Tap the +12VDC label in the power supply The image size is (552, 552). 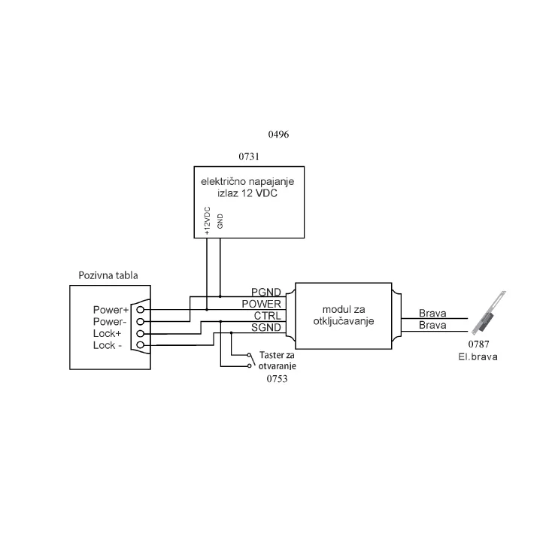pyautogui.click(x=207, y=221)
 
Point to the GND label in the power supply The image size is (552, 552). pyautogui.click(x=220, y=221)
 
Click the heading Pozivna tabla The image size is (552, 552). pyautogui.click(x=108, y=275)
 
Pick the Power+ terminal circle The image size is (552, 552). pyautogui.click(x=140, y=309)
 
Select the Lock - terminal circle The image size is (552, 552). pyautogui.click(x=140, y=345)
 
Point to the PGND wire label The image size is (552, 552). pyautogui.click(x=266, y=291)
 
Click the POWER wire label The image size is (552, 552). pyautogui.click(x=262, y=303)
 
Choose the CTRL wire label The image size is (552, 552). pyautogui.click(x=268, y=315)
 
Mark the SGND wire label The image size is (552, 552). pyautogui.click(x=266, y=327)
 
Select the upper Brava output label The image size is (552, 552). pyautogui.click(x=433, y=314)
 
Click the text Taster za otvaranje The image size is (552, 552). pyautogui.click(x=278, y=360)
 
